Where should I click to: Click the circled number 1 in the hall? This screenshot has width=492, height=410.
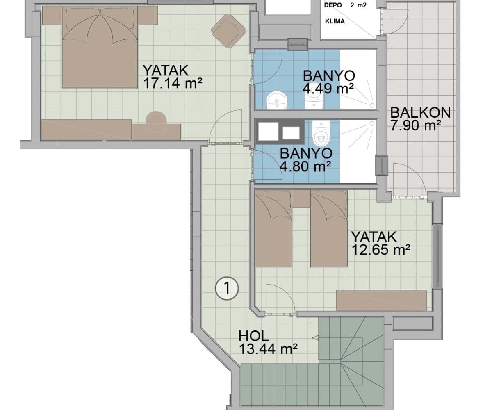227,288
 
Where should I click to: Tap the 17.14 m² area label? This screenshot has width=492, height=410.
173,83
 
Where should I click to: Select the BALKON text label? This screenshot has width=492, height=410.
421,113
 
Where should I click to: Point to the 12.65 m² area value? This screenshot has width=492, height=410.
381,250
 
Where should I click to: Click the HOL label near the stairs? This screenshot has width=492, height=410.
254,336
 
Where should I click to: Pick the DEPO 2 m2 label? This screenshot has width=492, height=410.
345,5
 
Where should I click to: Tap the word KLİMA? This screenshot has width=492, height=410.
335,21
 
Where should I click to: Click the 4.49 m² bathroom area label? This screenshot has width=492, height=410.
328,89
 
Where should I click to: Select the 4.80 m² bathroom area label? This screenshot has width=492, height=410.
305,166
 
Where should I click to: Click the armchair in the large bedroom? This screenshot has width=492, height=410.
228,31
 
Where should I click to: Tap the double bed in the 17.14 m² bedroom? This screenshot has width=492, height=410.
100,47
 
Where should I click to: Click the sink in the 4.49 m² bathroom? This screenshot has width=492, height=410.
277,101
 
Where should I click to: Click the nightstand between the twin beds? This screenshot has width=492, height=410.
301,198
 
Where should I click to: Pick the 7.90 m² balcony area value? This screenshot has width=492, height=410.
416,125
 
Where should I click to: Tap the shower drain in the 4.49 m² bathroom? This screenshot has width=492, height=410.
371,105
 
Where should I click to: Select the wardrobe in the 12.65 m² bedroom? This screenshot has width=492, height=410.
381,301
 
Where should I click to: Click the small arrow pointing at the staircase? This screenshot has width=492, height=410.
315,338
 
